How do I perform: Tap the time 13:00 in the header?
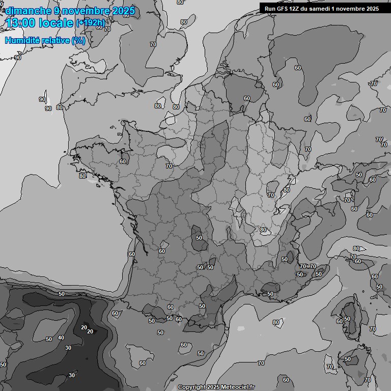(x=20, y=22)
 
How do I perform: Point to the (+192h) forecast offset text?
(x=90, y=22)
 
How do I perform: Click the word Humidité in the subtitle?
(x=21, y=41)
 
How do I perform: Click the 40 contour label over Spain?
(x=61, y=338)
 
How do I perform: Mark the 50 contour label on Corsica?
(x=347, y=319)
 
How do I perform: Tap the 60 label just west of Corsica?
(x=339, y=321)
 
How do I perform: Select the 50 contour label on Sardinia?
(x=348, y=359)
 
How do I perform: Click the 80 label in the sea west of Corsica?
(x=275, y=322)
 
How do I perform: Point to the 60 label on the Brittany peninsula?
(x=122, y=161)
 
